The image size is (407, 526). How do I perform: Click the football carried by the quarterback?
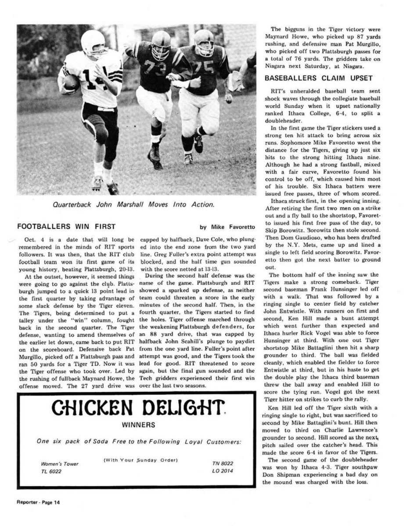click(71, 82)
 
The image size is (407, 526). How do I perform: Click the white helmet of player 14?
click(92, 42)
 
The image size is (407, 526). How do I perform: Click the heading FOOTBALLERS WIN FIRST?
click(66, 227)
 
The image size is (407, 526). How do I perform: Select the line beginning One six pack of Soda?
click(140, 441)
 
